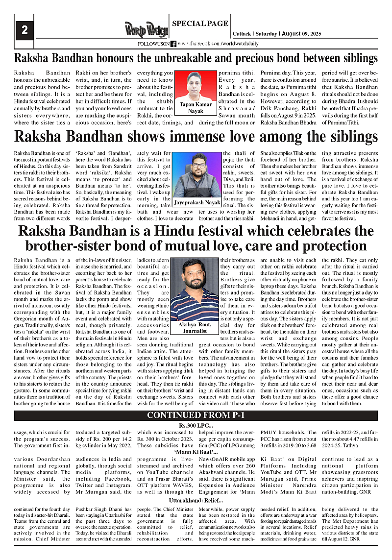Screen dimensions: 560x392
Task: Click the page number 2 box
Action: (x=24, y=31)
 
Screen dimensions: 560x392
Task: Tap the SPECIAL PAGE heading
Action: (x=200, y=23)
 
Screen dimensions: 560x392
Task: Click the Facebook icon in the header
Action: (x=173, y=44)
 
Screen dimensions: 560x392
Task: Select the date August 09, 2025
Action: (x=305, y=34)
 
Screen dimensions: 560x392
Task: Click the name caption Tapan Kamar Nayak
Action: (x=195, y=108)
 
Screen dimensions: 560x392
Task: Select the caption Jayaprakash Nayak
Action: (x=196, y=202)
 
